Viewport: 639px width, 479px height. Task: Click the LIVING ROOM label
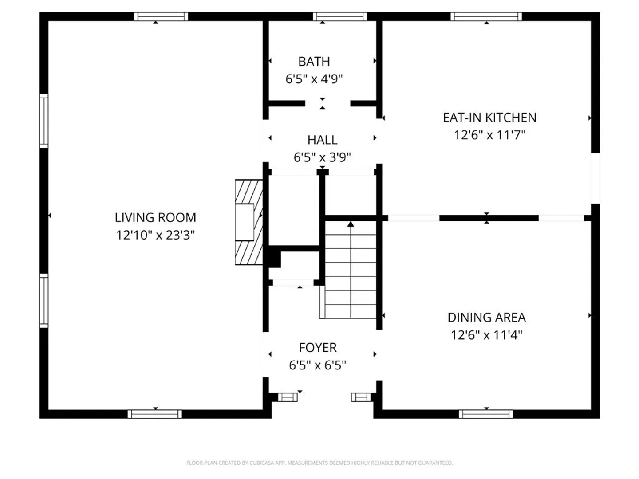pyautogui.click(x=155, y=217)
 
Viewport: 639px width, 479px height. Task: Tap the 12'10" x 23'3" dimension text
pyautogui.click(x=155, y=235)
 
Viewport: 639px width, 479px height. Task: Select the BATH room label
pyautogui.click(x=314, y=62)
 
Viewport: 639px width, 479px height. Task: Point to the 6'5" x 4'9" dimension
pyautogui.click(x=314, y=79)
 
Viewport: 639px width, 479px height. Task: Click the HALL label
pyautogui.click(x=322, y=140)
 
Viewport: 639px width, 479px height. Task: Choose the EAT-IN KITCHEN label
pyautogui.click(x=489, y=118)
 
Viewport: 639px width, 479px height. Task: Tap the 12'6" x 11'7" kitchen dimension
pyautogui.click(x=489, y=135)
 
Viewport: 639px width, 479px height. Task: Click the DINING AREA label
pyautogui.click(x=487, y=318)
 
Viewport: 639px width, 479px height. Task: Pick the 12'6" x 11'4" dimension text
pyautogui.click(x=487, y=335)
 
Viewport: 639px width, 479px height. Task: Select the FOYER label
pyautogui.click(x=318, y=348)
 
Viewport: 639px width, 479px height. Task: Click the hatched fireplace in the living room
pyautogui.click(x=249, y=223)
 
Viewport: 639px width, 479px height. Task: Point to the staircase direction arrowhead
pyautogui.click(x=351, y=224)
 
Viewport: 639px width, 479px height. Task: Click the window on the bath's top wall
pyautogui.click(x=340, y=16)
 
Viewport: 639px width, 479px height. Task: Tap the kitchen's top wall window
pyautogui.click(x=486, y=16)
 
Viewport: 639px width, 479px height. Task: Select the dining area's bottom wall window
pyautogui.click(x=486, y=414)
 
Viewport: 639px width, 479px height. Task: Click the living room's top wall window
pyautogui.click(x=161, y=16)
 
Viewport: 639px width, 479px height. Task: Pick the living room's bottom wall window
pyautogui.click(x=154, y=414)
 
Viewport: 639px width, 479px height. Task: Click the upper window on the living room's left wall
pyautogui.click(x=44, y=121)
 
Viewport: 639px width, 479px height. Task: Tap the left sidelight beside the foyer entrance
pyautogui.click(x=288, y=397)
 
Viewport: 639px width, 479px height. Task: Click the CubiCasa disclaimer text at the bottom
pyautogui.click(x=319, y=463)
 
